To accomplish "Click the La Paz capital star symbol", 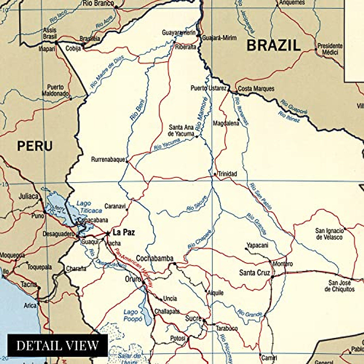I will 108,233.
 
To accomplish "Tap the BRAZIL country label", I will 273,45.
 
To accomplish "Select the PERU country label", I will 35,146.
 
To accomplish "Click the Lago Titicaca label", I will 88,207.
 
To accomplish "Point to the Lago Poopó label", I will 133,315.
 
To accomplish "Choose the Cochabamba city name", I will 154,258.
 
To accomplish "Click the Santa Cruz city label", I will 254,273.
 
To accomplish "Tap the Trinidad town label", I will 227,174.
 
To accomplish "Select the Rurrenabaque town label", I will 108,160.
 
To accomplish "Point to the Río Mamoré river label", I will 202,114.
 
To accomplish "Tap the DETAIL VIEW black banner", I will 58,345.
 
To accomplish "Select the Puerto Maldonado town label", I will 55,90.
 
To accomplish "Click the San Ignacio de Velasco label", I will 329,234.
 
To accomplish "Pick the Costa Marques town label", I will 256,89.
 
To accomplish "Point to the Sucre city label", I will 193,318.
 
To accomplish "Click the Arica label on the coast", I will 30,305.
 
